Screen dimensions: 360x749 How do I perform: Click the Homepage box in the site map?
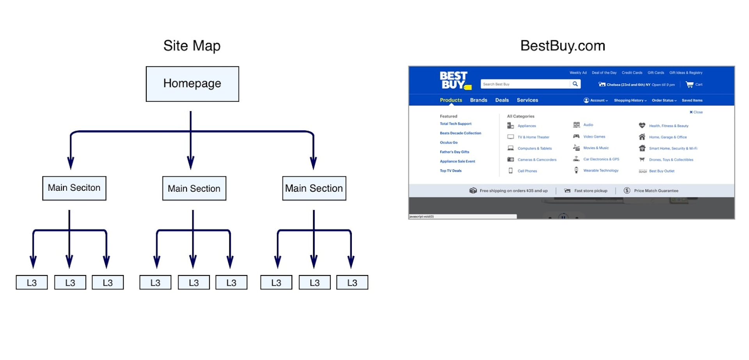[x=192, y=84]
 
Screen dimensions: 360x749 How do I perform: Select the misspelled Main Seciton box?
[x=74, y=188]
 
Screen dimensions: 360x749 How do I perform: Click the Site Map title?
[x=192, y=46]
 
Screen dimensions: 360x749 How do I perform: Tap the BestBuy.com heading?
[x=563, y=46]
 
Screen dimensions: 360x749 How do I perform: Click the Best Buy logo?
[x=454, y=80]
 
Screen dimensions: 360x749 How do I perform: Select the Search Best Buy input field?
[x=525, y=84]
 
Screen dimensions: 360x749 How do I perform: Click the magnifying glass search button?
[x=575, y=84]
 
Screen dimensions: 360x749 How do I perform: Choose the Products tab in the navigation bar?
[x=451, y=100]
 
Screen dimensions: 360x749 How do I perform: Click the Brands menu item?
[x=478, y=100]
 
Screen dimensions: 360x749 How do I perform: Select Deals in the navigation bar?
[x=502, y=100]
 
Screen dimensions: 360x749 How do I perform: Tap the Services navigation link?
[x=527, y=100]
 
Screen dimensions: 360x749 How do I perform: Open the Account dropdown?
[x=596, y=100]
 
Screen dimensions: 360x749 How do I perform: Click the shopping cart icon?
[x=690, y=84]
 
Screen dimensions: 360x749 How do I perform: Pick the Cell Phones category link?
[x=527, y=171]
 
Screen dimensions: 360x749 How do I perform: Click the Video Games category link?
[x=594, y=137]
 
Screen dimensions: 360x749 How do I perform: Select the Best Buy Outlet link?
[x=662, y=171]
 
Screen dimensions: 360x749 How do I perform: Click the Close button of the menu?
[x=696, y=112]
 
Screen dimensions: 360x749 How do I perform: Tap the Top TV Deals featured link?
[x=451, y=170]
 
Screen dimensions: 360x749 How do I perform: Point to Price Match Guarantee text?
[x=656, y=191]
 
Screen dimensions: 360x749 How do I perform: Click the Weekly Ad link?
[x=578, y=73]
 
